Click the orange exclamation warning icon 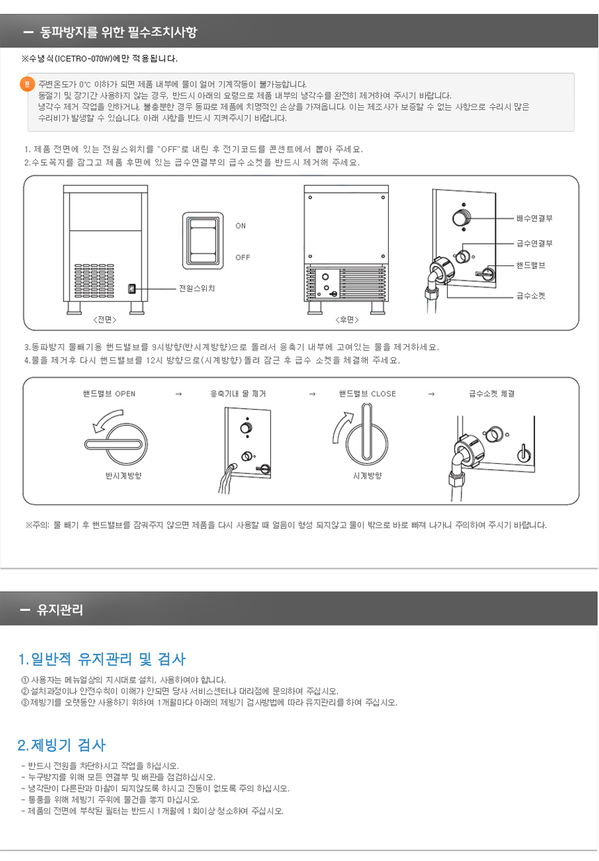[27, 84]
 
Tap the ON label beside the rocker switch [240, 226]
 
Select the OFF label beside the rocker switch [242, 258]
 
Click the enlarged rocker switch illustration [203, 240]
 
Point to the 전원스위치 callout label [196, 288]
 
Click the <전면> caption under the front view [105, 320]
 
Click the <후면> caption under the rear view [347, 320]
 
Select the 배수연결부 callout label [534, 218]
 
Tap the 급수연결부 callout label [534, 243]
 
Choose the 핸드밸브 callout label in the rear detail [531, 265]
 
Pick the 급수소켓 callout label [531, 295]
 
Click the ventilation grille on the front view [94, 281]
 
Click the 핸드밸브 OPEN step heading [109, 394]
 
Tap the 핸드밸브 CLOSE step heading [367, 394]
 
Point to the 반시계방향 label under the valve [124, 476]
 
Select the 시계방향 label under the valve [368, 476]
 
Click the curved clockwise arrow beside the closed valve [339, 425]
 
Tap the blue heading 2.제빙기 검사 [61, 745]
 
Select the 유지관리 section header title [60, 610]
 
